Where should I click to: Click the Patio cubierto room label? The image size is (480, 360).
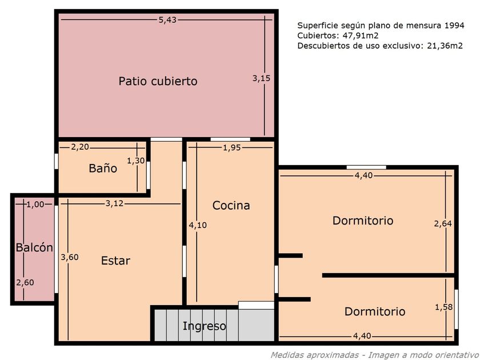[158, 81]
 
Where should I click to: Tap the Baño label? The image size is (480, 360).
[103, 168]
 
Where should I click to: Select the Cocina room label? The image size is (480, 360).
[231, 205]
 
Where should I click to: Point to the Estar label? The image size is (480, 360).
[115, 261]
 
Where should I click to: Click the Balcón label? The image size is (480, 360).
[34, 247]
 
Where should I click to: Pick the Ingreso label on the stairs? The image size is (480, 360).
[204, 326]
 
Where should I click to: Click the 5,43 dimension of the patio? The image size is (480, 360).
[167, 20]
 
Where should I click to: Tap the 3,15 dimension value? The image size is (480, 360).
[262, 78]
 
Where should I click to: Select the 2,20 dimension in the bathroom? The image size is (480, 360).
[80, 147]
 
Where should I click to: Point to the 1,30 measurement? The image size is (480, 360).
[135, 161]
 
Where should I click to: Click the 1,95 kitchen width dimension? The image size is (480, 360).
[232, 148]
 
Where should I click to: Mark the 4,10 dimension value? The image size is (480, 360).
[198, 225]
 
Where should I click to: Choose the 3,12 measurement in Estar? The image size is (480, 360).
[114, 203]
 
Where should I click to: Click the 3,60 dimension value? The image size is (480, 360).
[70, 257]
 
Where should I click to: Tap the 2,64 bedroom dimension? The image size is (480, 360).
[443, 224]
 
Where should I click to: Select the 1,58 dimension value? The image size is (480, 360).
[444, 307]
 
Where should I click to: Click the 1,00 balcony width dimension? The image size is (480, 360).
[35, 205]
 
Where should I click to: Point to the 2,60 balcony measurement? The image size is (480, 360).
[25, 282]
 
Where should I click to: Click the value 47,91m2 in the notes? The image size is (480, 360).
[361, 36]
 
